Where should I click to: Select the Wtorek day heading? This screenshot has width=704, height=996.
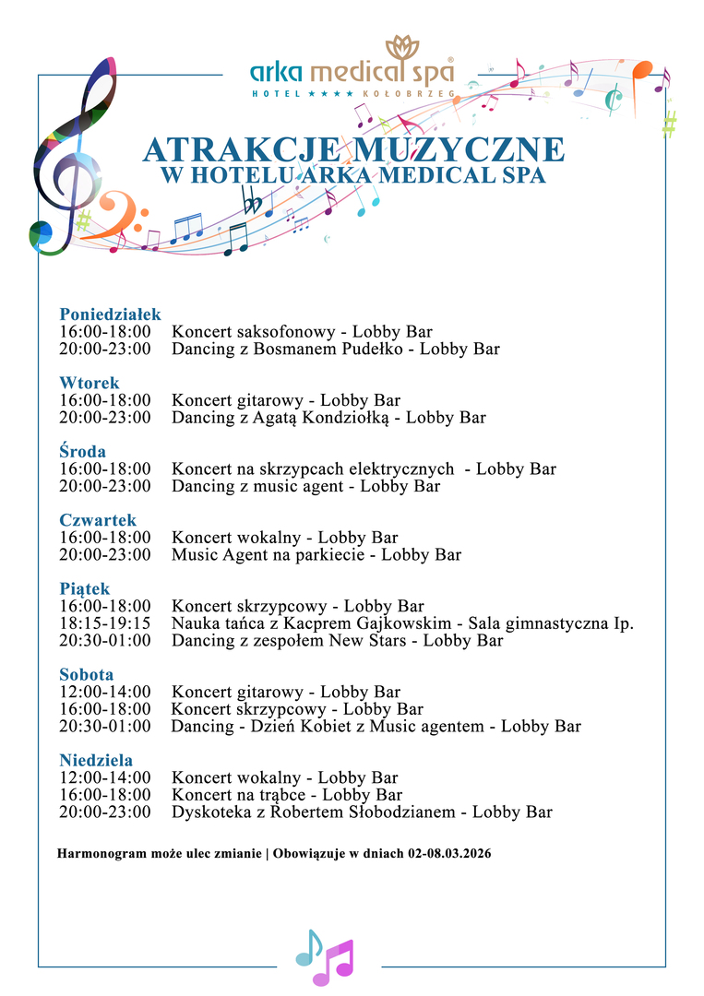(x=89, y=383)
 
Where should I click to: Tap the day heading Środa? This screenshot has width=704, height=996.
(x=83, y=451)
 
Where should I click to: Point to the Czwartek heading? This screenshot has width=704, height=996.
(x=98, y=520)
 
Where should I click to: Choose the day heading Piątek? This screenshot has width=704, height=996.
(x=85, y=588)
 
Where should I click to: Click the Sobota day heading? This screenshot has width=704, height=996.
(x=87, y=675)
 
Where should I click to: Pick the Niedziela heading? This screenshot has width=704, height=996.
(x=96, y=761)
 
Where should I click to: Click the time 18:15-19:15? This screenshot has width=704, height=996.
(x=104, y=623)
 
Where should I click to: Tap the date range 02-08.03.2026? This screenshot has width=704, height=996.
(x=448, y=854)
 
